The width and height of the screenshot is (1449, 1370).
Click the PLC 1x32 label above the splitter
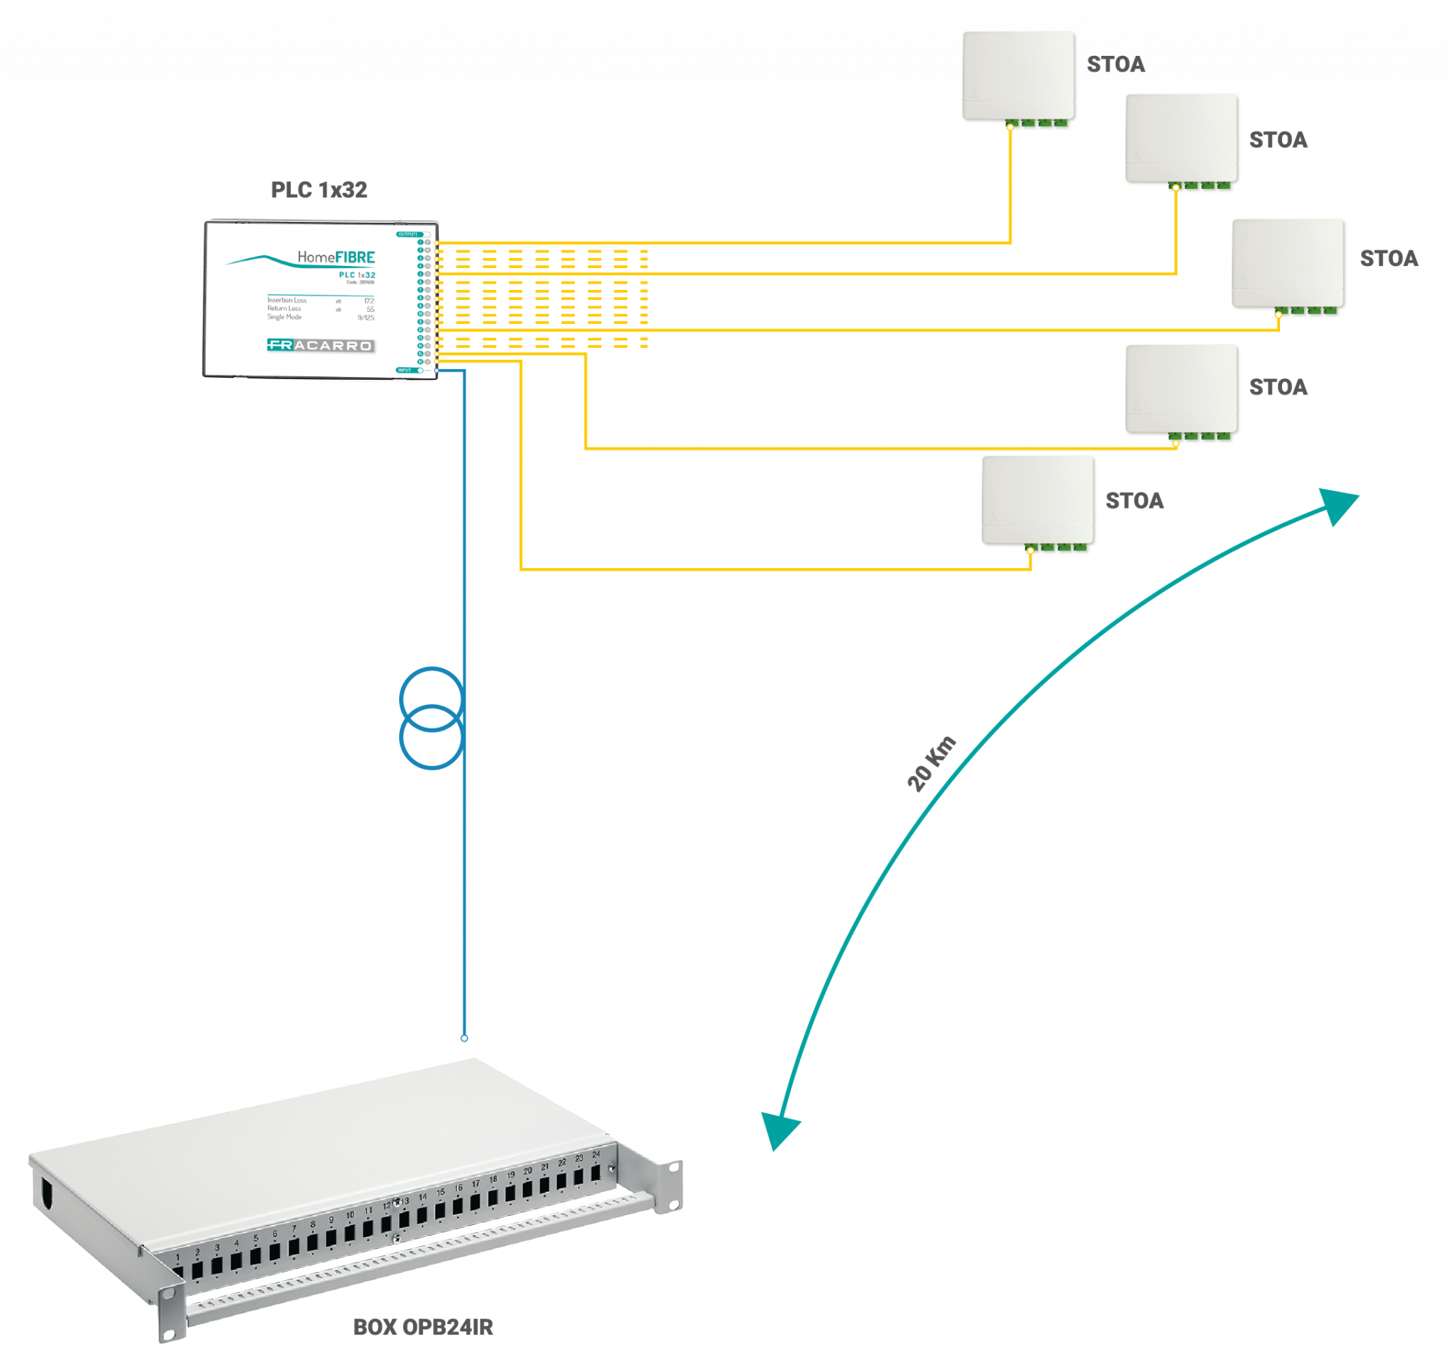319,190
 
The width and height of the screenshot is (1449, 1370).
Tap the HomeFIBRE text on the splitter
336,257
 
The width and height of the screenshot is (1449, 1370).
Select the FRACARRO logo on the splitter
321,345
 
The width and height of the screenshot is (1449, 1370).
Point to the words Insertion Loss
287,300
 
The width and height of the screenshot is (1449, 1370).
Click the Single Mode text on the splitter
284,317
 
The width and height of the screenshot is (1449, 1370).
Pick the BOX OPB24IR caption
423,1327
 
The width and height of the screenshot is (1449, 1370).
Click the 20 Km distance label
931,764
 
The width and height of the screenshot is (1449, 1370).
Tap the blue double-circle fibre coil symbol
432,719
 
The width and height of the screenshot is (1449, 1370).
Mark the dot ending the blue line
465,1038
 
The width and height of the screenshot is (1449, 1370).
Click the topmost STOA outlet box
1020,76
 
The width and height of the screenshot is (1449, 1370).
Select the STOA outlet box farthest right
1289,265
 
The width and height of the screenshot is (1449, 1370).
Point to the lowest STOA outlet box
1039,501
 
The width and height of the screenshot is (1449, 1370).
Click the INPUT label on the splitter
405,370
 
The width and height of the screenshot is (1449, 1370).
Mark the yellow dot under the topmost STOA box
1010,127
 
